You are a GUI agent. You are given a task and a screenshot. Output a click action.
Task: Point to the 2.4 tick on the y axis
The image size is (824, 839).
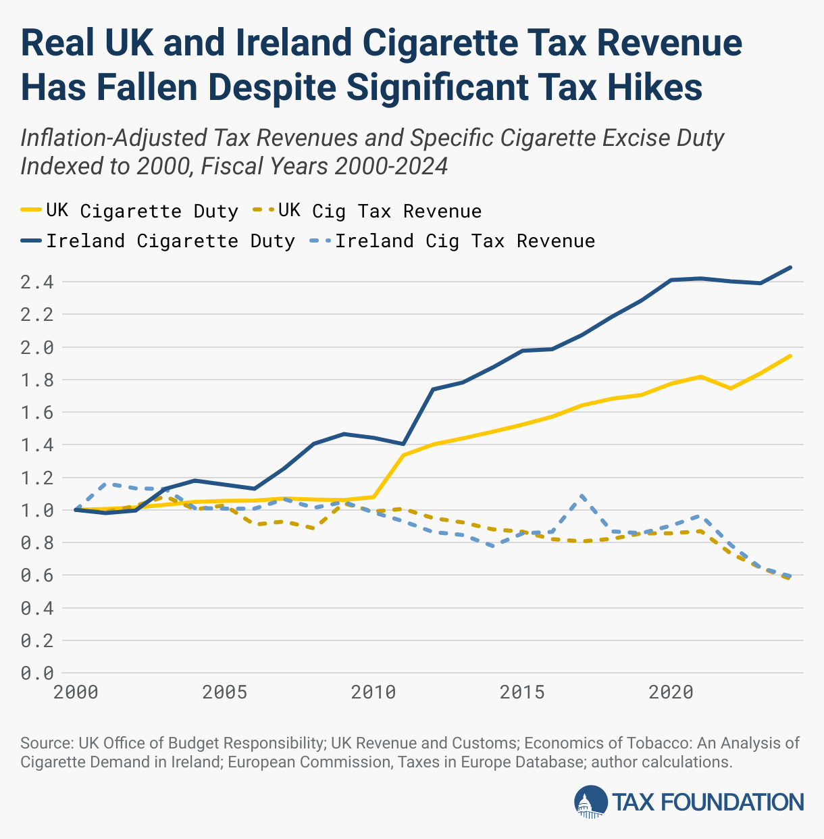(38, 282)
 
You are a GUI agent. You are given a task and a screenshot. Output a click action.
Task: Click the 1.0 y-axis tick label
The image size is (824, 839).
(38, 511)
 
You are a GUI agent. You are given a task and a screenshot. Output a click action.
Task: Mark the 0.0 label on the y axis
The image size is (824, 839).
(38, 673)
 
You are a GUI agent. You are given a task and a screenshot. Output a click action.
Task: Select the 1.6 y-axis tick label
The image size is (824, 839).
(38, 413)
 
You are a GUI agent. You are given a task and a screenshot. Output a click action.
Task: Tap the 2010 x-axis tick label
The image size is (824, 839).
(373, 692)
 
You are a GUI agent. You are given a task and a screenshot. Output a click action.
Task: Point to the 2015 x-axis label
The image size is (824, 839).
(522, 692)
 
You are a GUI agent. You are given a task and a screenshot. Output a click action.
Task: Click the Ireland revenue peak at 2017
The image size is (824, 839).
(582, 496)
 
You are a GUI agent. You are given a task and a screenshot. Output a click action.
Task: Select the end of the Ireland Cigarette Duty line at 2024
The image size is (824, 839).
(790, 268)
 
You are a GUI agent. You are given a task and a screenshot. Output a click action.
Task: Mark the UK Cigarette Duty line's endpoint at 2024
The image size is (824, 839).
(790, 355)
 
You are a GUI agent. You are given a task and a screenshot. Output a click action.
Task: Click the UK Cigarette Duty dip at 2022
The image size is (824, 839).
(731, 388)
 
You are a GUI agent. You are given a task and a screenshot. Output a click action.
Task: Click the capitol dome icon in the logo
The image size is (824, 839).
(590, 802)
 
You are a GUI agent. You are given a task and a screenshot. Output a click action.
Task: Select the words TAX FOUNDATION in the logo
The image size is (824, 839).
(708, 803)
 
